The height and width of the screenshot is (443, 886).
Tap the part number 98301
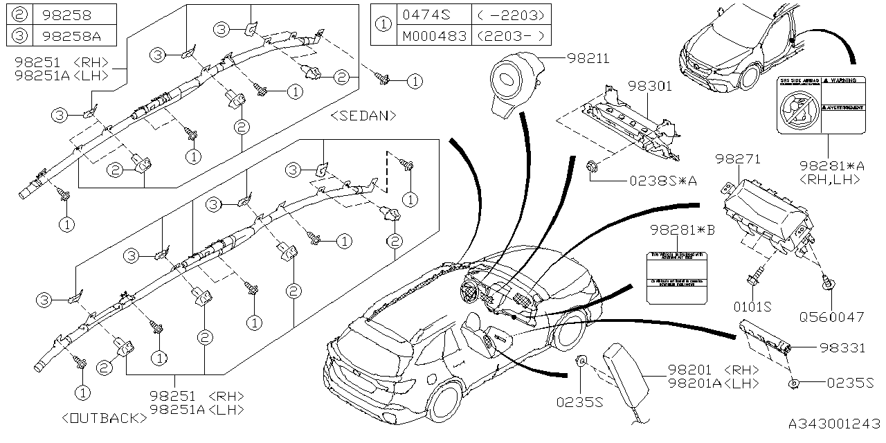click(x=650, y=87)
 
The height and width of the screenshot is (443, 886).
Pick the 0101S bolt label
click(x=752, y=305)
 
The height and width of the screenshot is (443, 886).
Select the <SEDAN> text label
click(x=363, y=115)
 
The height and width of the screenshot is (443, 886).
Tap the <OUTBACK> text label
click(x=104, y=418)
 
